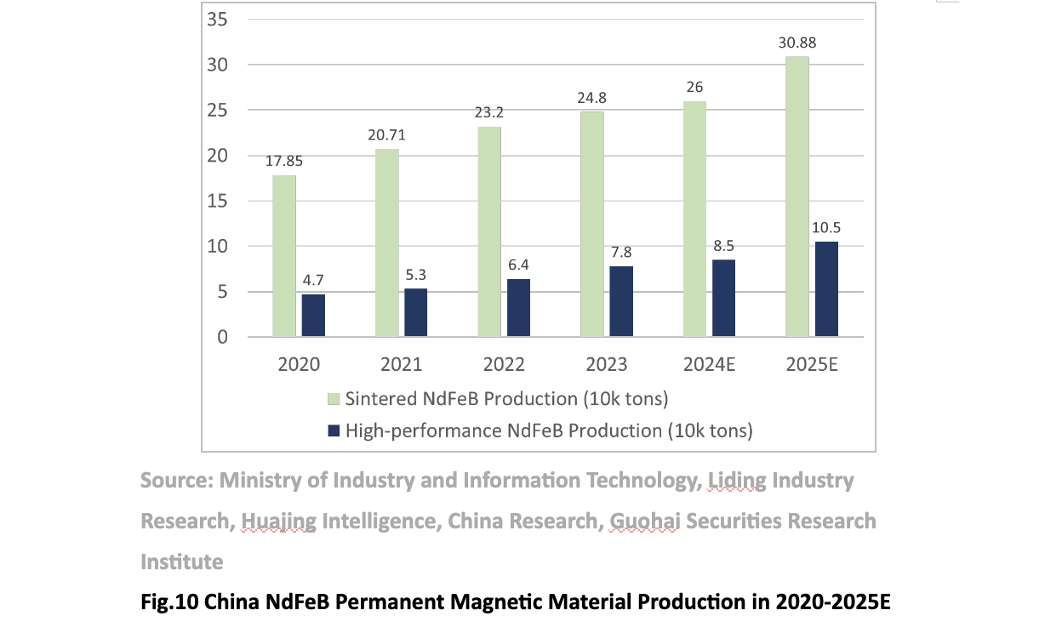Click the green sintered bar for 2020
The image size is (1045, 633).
284,256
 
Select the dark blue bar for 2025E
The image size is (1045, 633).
826,289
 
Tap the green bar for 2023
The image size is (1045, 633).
592,225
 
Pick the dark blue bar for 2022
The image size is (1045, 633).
518,308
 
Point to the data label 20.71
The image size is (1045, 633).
387,134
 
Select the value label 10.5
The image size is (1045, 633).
826,226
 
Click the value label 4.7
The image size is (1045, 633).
313,279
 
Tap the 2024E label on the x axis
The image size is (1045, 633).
710,365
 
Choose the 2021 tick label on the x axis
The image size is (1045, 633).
401,365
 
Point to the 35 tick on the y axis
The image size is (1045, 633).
217,19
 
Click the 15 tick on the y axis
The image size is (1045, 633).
217,201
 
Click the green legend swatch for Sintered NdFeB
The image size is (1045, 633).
334,398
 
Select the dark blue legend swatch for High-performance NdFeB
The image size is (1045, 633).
334,431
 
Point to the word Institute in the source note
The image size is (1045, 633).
182,562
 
